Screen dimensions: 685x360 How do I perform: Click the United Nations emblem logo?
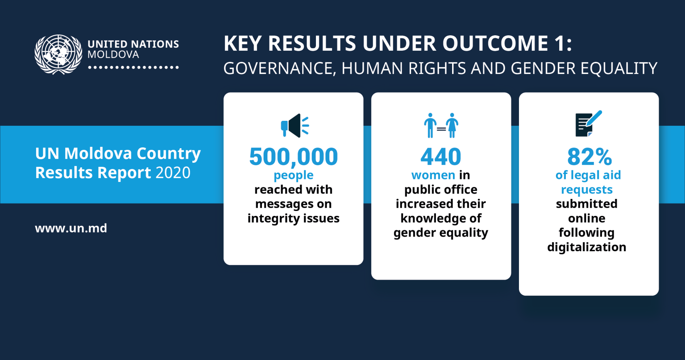click(58, 54)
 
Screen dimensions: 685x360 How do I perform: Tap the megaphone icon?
click(295, 125)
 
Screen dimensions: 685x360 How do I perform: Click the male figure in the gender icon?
click(430, 125)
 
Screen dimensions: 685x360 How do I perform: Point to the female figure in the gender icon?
click(452, 125)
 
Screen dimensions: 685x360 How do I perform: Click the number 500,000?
click(294, 157)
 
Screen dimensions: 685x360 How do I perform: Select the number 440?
click(440, 157)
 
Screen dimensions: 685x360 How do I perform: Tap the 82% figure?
click(589, 157)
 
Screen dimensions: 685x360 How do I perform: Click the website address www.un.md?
click(71, 228)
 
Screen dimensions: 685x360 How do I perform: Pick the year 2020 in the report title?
click(173, 172)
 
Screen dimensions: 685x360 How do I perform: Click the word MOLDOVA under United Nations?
click(113, 55)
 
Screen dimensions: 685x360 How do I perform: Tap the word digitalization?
click(587, 247)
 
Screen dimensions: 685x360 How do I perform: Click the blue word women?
click(433, 175)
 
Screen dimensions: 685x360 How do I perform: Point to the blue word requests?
click(587, 190)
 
